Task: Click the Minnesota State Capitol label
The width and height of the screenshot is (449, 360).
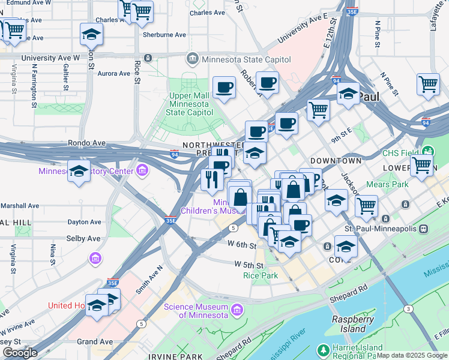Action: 246,59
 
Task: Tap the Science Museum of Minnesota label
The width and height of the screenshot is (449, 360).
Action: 196,311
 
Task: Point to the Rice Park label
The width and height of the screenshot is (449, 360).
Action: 261,275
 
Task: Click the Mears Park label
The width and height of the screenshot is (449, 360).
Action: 387,184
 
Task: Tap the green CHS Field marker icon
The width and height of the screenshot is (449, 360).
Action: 428,151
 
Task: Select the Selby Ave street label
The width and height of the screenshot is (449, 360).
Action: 83,238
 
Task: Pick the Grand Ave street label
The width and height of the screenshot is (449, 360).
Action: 95,341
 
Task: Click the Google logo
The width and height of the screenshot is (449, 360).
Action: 20,352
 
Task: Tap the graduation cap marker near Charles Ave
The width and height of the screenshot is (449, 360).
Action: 91,35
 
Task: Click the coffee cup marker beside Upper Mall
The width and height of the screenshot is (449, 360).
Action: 224,88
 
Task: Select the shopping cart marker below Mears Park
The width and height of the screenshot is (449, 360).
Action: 366,206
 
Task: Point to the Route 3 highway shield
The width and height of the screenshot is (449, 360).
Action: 408,308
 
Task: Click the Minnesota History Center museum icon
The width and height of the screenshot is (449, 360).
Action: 142,171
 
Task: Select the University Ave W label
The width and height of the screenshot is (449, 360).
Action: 50,58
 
